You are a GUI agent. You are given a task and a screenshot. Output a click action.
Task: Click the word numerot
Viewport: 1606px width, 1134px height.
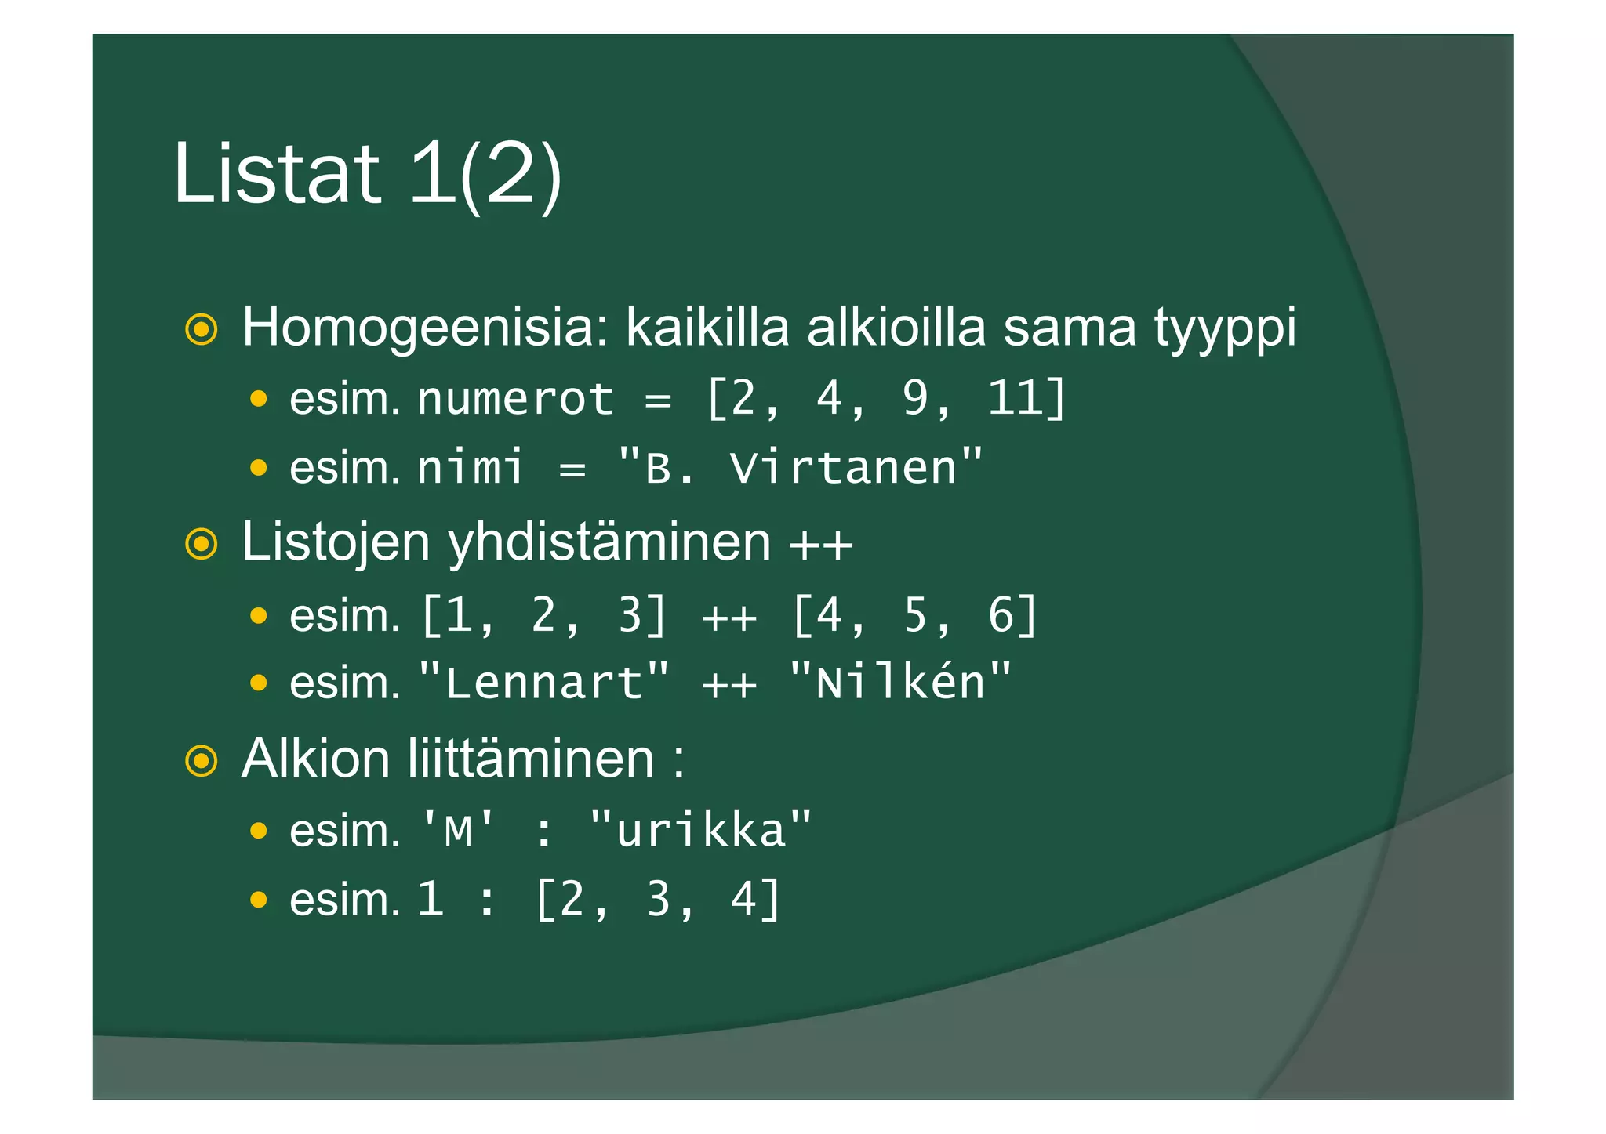(x=515, y=400)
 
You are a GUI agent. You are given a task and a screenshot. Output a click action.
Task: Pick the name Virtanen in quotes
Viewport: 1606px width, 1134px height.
(x=843, y=468)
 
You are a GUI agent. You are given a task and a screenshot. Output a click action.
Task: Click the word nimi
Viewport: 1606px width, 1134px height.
(x=470, y=468)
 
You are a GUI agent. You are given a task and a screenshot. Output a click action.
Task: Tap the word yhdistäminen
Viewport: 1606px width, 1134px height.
(x=609, y=542)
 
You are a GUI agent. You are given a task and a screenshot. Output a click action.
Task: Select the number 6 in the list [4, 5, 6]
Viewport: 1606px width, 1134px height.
(x=1001, y=615)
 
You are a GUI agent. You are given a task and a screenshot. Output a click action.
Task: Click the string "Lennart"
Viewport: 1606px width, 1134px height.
(x=544, y=683)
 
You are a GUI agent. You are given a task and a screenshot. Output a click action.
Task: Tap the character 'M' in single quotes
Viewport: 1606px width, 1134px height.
(x=458, y=830)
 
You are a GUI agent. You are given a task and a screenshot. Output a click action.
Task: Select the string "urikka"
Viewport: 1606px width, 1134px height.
(x=700, y=830)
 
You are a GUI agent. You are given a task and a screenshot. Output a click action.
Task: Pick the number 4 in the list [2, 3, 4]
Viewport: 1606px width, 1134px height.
(x=743, y=899)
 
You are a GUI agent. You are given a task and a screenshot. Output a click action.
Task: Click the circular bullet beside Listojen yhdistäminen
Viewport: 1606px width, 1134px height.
(x=202, y=544)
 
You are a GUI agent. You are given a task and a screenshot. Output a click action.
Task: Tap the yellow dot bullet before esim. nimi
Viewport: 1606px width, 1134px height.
(x=258, y=469)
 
